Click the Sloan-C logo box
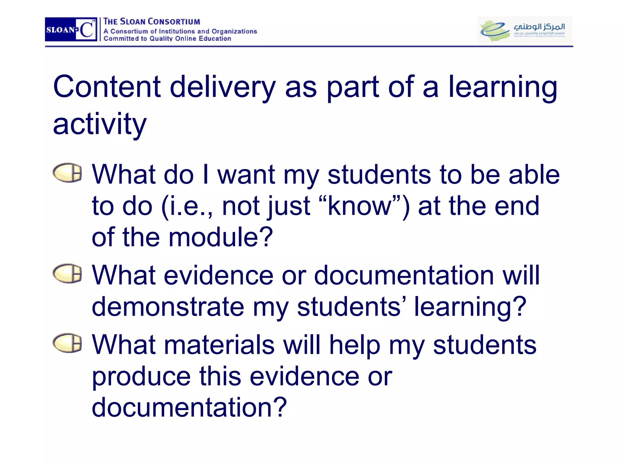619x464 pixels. [x=71, y=29]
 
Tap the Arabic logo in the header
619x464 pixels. [x=525, y=30]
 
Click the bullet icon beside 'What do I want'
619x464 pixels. [x=67, y=173]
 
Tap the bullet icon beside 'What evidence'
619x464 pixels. [x=67, y=274]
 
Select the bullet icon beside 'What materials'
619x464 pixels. [x=67, y=343]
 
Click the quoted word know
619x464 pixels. [x=360, y=206]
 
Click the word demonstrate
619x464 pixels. [x=168, y=307]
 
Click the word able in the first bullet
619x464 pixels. [x=534, y=175]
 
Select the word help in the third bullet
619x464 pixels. [x=354, y=345]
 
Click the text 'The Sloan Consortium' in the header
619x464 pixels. [x=152, y=22]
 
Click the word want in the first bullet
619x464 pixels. [x=246, y=175]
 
